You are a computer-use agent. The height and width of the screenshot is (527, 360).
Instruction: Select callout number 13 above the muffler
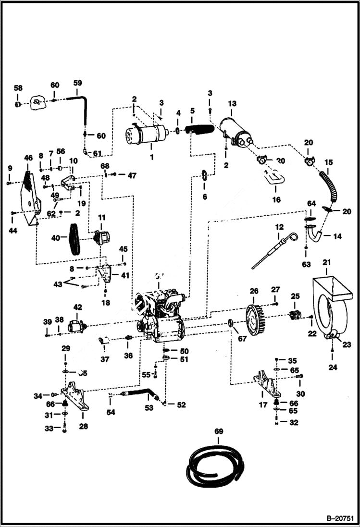[x=232, y=104]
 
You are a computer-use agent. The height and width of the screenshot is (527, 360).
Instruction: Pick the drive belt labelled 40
[x=74, y=239]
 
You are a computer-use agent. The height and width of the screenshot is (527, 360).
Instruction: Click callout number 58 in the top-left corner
[x=18, y=88]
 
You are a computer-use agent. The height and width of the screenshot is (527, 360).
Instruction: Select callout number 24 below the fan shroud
[x=332, y=368]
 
